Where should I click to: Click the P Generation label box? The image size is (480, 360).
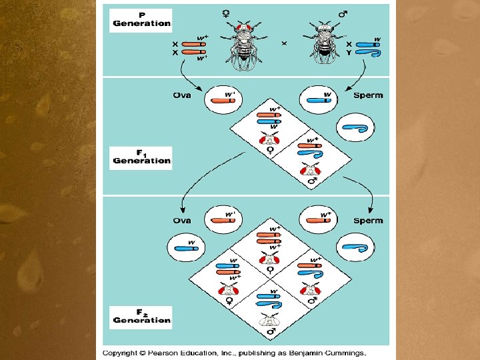(141, 19)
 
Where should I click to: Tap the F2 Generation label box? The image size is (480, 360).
(141, 316)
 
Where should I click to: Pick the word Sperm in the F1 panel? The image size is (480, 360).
(369, 95)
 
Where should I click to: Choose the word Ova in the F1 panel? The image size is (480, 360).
(182, 95)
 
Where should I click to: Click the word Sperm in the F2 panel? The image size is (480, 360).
(369, 221)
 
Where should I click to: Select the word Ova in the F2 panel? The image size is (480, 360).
(182, 221)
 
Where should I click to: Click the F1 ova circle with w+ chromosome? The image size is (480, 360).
(223, 97)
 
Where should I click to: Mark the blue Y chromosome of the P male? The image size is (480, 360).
(365, 52)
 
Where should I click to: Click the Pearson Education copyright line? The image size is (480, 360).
(235, 352)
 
